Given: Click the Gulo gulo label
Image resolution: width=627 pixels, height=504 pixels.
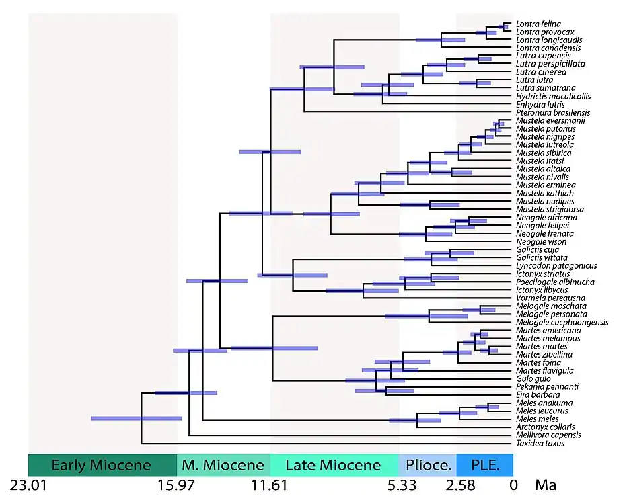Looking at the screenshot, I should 533,378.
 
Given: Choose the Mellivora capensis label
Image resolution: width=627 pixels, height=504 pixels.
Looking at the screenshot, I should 544,435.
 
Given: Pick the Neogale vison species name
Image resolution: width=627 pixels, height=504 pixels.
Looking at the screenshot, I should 541,241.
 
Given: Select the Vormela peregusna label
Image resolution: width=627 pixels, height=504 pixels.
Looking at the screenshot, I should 546,298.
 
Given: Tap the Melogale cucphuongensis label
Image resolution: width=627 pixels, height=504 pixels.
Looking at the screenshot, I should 562,322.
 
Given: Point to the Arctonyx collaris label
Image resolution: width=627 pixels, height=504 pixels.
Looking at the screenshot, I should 545,427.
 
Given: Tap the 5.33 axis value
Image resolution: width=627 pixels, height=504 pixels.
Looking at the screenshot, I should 399,485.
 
